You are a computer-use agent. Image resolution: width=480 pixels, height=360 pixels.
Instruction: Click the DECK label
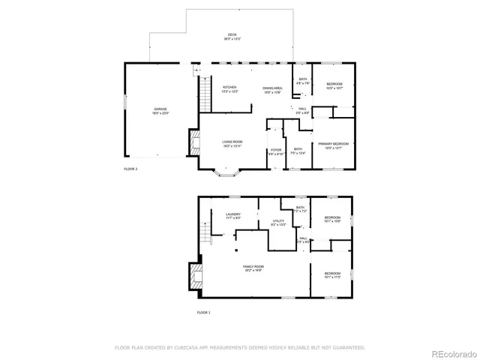coord(232,34)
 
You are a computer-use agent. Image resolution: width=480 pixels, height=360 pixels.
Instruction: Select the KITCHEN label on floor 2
coord(230,88)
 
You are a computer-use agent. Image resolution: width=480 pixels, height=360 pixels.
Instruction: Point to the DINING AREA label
coord(271,89)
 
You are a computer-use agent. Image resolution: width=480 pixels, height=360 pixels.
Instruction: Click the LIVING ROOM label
coord(232,142)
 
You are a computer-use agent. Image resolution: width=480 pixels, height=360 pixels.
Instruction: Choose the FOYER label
coord(276,151)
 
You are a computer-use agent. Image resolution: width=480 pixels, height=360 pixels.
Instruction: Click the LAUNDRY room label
coord(233,215)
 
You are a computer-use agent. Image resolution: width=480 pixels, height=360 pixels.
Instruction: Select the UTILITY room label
coord(277,222)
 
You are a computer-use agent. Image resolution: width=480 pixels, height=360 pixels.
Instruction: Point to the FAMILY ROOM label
coord(253,267)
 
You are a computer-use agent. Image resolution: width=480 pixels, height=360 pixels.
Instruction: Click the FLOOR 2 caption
coord(130,169)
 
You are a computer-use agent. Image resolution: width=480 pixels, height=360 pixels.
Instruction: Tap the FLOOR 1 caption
coord(204,312)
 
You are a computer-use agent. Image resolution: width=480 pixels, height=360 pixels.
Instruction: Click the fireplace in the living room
coord(194,142)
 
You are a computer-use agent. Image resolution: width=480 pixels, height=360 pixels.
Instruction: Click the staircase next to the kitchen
coord(202,94)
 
